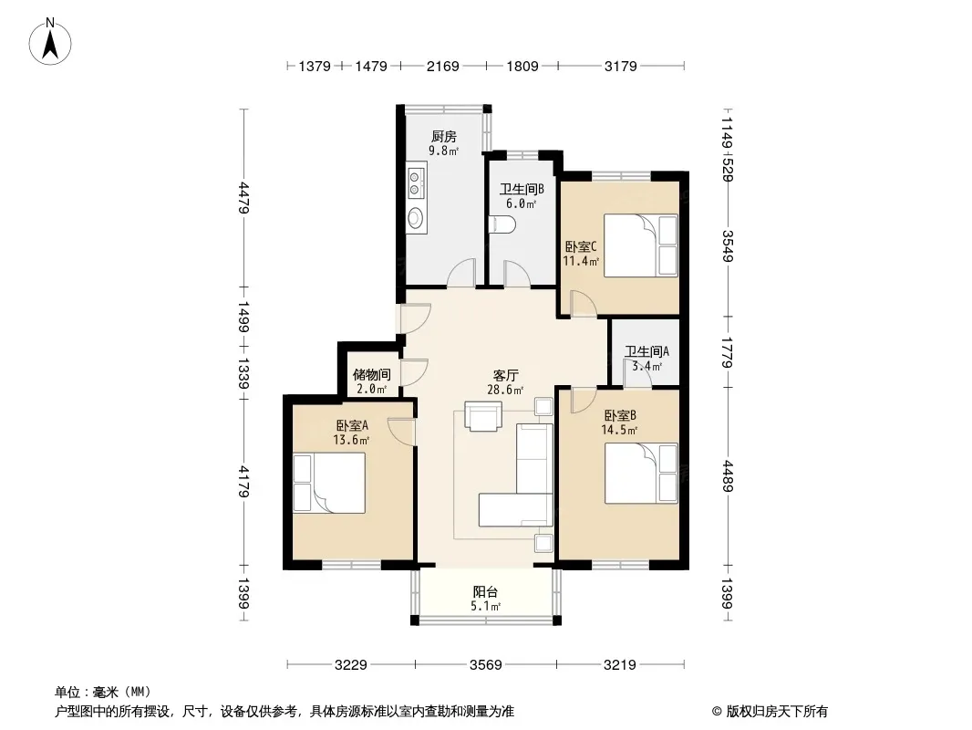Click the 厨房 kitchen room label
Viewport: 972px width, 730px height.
444,136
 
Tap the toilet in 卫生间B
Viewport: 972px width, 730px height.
502,224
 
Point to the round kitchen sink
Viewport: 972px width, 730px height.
416,218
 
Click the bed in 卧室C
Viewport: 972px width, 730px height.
640,245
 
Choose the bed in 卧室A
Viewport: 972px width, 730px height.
329,483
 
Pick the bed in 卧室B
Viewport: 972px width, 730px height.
641,474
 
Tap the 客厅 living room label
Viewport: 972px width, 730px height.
506,375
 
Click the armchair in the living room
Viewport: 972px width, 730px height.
483,416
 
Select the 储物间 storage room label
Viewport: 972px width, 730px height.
371,375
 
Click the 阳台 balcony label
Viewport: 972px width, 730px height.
485,591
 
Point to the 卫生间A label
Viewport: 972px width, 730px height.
646,351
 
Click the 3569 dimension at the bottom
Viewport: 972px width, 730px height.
485,665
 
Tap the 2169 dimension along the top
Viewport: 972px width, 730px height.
442,66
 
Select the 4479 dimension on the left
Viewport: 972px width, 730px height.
243,197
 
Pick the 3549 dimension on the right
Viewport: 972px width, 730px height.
727,245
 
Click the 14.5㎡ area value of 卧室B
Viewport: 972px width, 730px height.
619,430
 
